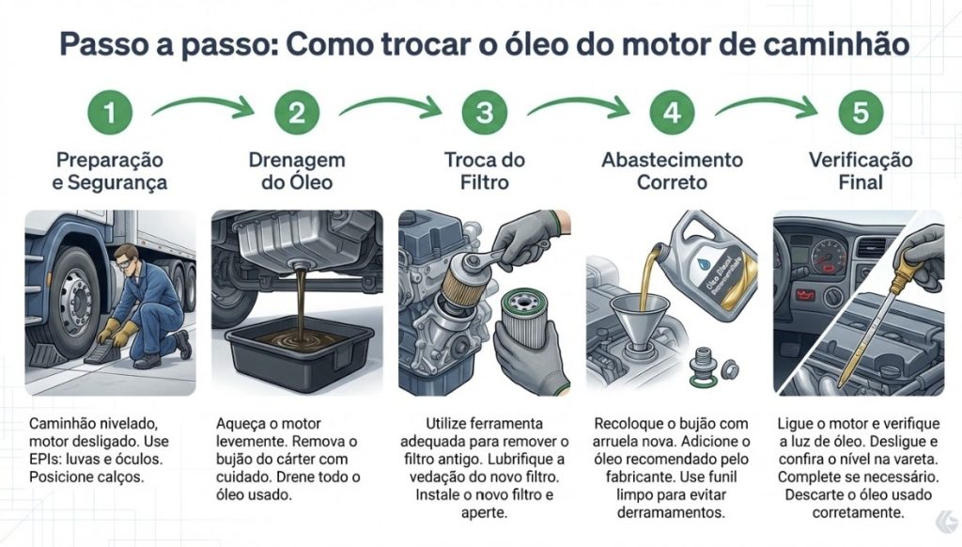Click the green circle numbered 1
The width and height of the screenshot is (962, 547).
pyautogui.click(x=111, y=114)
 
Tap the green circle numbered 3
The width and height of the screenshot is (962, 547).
pyautogui.click(x=484, y=114)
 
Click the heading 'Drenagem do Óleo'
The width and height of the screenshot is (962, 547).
pyautogui.click(x=298, y=170)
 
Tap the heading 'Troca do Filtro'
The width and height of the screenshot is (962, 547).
pyautogui.click(x=485, y=170)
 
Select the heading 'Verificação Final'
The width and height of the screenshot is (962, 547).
pyautogui.click(x=861, y=170)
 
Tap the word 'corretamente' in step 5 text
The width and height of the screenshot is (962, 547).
pyautogui.click(x=860, y=513)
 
